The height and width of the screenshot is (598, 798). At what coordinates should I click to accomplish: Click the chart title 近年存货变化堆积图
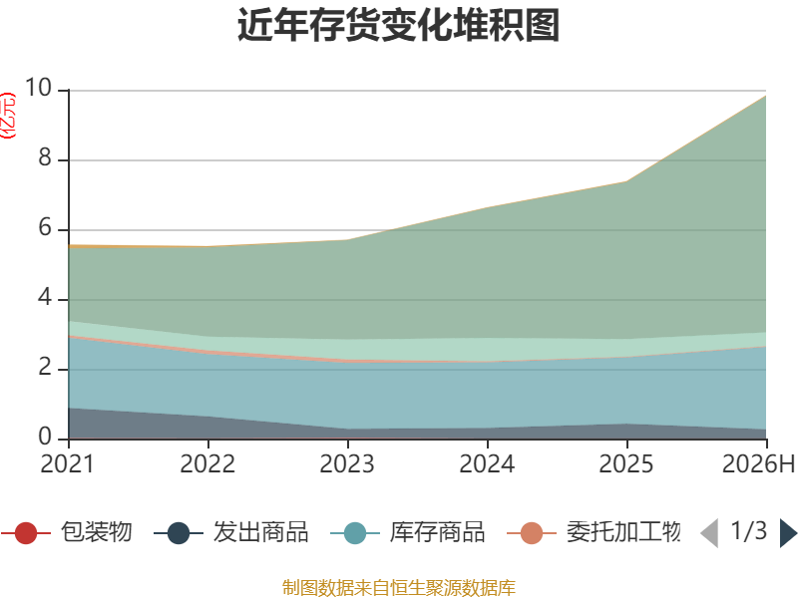398,24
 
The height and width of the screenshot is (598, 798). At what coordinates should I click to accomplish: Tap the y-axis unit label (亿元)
8,116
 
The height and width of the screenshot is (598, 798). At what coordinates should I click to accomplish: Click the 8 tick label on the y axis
45,157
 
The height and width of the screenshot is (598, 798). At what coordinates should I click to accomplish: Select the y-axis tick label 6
45,227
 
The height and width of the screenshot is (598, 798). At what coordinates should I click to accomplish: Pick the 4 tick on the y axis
45,297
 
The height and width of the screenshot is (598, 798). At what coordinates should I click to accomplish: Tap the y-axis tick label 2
45,367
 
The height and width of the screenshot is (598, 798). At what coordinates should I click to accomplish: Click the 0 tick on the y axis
45,437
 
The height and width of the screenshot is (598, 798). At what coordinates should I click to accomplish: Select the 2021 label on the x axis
68,463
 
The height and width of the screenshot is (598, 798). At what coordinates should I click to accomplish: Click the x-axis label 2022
207,463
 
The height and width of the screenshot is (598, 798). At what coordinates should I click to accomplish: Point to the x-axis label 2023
347,463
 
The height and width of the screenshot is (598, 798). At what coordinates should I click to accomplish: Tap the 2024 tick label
487,463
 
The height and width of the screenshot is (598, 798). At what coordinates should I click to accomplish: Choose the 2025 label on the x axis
626,463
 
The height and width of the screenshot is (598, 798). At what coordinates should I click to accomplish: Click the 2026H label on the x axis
759,463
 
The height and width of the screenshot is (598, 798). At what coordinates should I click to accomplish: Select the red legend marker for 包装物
26,533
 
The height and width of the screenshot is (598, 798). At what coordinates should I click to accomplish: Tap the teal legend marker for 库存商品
355,533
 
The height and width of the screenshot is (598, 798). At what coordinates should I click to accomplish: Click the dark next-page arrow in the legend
787,533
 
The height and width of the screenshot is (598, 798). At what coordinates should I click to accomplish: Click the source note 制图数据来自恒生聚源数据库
398,588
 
